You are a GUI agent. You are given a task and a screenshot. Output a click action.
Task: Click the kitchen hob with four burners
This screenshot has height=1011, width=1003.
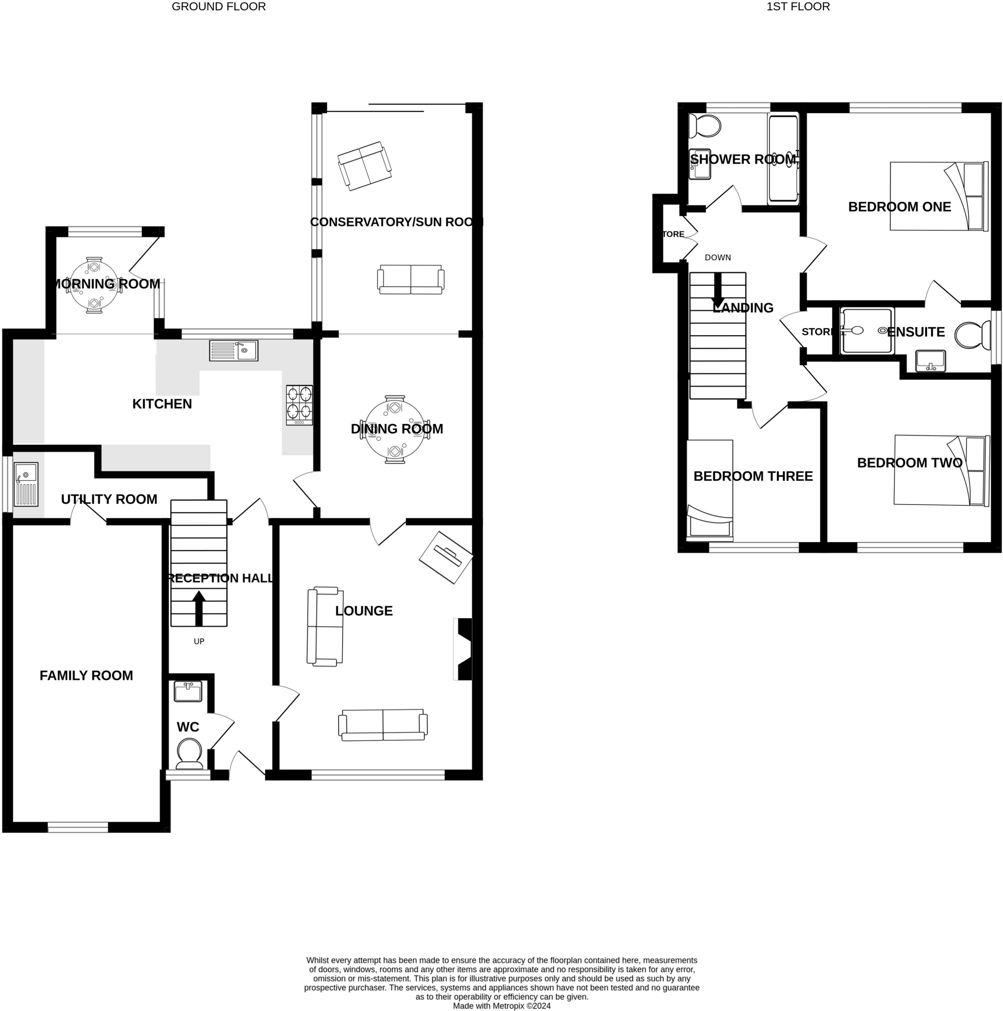coord(299,405)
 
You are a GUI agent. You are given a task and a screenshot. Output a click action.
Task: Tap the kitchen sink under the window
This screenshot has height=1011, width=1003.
coord(233,350)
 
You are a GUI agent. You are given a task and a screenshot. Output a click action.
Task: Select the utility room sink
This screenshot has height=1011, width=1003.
coord(26,484)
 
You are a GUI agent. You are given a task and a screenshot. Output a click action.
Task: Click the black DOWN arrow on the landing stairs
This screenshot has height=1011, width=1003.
coord(718,291)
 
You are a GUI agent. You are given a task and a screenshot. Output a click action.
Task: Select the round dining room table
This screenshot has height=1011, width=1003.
coord(394,429)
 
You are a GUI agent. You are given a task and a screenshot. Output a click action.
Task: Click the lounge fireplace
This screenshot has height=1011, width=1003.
coord(463,649)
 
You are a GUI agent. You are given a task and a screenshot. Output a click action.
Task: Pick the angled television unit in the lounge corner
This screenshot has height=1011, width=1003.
coord(446,557)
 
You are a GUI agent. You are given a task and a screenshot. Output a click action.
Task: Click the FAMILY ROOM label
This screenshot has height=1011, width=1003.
coord(86,676)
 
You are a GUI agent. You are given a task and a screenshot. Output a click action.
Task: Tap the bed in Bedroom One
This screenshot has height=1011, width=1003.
coord(939,196)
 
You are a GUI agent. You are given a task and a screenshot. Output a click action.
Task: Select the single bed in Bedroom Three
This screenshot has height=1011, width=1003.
coord(709,490)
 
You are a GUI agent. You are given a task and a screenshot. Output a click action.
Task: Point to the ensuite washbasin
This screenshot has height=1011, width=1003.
coord(930,360)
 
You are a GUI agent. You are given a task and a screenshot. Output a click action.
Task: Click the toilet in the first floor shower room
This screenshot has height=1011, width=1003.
coord(704,125)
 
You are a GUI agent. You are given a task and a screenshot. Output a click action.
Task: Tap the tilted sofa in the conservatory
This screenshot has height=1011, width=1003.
coord(365,165)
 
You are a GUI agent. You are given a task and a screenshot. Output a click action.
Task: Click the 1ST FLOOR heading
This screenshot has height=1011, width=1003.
coord(797,7)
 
